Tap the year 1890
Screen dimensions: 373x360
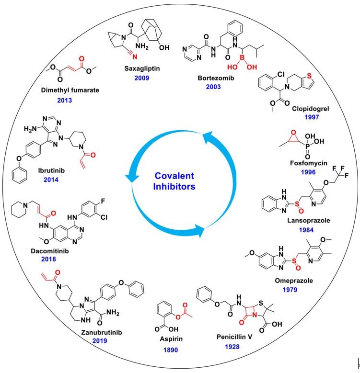coord(170,350)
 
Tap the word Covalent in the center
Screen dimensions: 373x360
coord(174,176)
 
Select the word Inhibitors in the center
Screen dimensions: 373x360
coord(174,187)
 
